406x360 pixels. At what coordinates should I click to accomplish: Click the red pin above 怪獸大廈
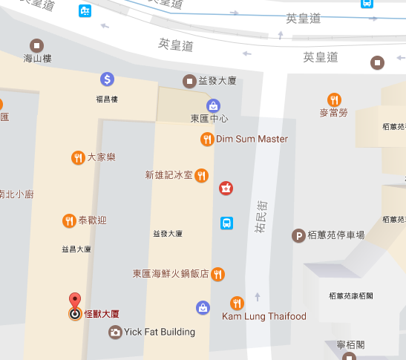coord(74,301)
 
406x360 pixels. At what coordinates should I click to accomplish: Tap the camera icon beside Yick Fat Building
coord(114,332)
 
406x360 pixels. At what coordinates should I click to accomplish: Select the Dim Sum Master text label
coord(252,139)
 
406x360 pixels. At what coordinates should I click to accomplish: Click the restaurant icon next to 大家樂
coord(77,157)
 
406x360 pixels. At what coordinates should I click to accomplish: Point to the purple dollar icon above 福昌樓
coord(107,79)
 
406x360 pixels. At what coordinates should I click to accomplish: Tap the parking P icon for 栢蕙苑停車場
coord(298,235)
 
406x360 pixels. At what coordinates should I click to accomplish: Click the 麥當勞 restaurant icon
coord(334,99)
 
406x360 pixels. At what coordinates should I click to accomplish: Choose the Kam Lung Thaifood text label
coord(263,316)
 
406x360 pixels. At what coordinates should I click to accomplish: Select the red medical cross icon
coord(226,189)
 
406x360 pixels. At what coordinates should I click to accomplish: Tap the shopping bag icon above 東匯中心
coord(213,105)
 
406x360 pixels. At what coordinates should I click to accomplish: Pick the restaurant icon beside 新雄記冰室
coord(202,175)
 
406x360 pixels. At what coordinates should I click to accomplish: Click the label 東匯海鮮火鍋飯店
coord(171,274)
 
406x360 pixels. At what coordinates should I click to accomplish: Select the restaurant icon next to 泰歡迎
coord(69,220)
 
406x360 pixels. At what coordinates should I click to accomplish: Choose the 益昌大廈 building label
coord(76,250)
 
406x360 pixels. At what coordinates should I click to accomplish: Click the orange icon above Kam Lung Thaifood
coord(237,302)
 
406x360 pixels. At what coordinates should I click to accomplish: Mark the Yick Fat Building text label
coord(160,332)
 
